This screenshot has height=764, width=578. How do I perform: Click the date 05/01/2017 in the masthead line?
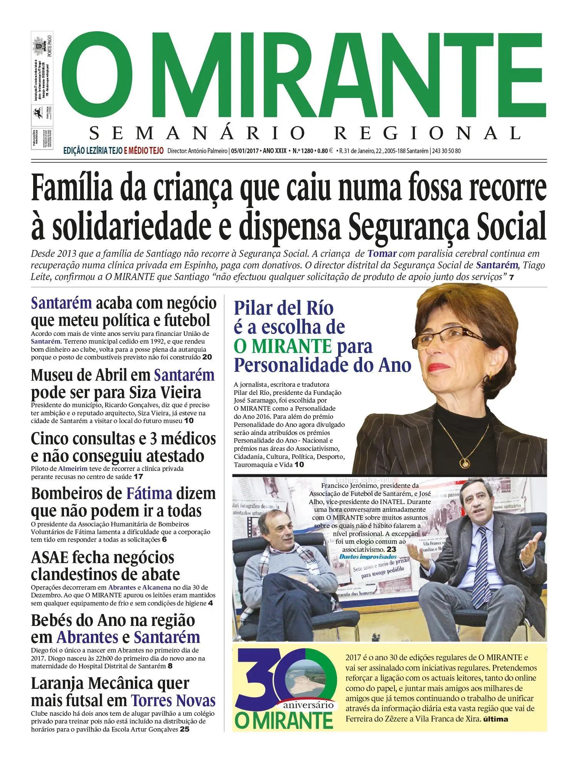click(245, 151)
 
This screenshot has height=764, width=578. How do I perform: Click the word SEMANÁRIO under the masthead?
click(197, 133)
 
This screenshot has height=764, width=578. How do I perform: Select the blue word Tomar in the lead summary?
click(382, 254)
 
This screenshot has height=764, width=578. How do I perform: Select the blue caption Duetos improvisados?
click(368, 557)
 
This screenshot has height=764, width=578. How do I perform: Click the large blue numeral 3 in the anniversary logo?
click(262, 679)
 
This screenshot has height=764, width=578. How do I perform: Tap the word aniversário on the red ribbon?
click(308, 705)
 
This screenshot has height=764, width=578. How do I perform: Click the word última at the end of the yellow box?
click(495, 719)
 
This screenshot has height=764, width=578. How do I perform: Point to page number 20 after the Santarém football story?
click(207, 357)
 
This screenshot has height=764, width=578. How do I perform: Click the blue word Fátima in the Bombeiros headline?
click(149, 494)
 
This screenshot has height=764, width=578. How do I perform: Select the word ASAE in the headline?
click(49, 558)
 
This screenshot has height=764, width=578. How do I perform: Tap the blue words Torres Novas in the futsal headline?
click(173, 700)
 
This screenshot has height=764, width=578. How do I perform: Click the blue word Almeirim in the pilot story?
click(73, 469)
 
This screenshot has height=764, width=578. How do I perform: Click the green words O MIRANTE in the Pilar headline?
click(282, 346)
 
